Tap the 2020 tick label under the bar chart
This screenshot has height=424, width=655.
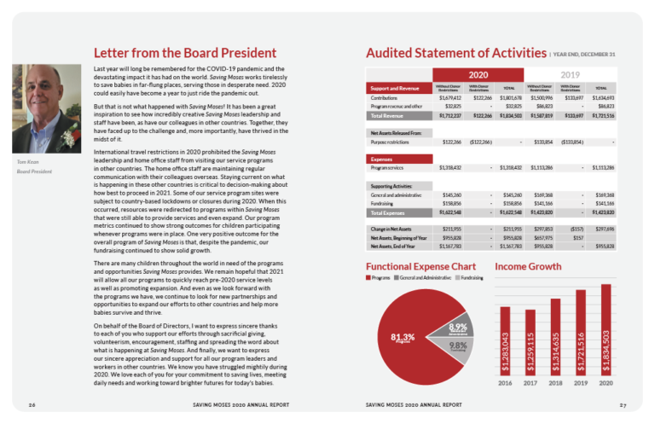[x=606, y=384]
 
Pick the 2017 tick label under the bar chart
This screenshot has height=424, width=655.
[x=530, y=384]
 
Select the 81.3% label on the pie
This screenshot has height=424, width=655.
[x=403, y=338]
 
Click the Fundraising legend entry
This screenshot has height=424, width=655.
[x=468, y=279]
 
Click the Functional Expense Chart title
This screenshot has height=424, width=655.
[x=414, y=267]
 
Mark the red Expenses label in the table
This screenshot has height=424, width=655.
[x=382, y=159]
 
